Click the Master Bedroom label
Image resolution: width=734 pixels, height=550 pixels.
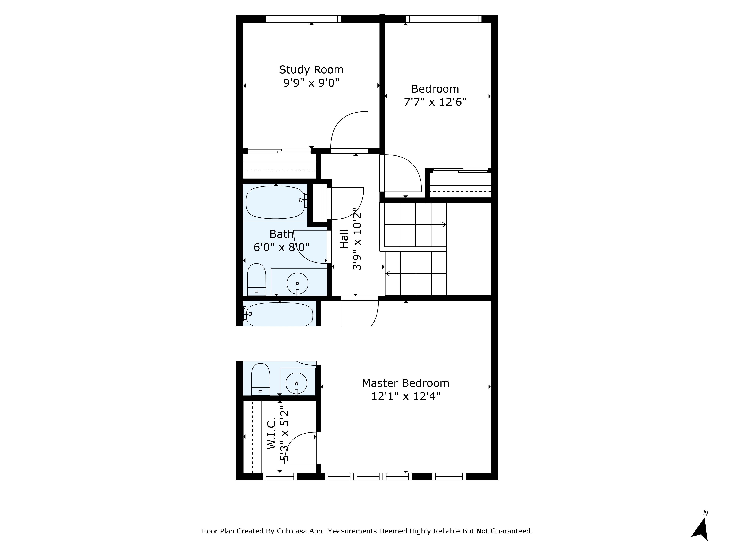406,383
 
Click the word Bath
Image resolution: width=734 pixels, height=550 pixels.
281,234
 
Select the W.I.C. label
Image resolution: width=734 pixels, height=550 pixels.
272,433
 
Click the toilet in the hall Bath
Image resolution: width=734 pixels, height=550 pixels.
257,279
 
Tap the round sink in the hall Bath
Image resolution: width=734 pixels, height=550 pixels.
297,283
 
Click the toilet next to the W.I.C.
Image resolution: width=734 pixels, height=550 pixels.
261,379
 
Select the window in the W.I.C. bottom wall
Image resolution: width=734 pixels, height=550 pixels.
280,476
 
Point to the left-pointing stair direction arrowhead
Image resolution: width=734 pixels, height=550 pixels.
388,274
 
